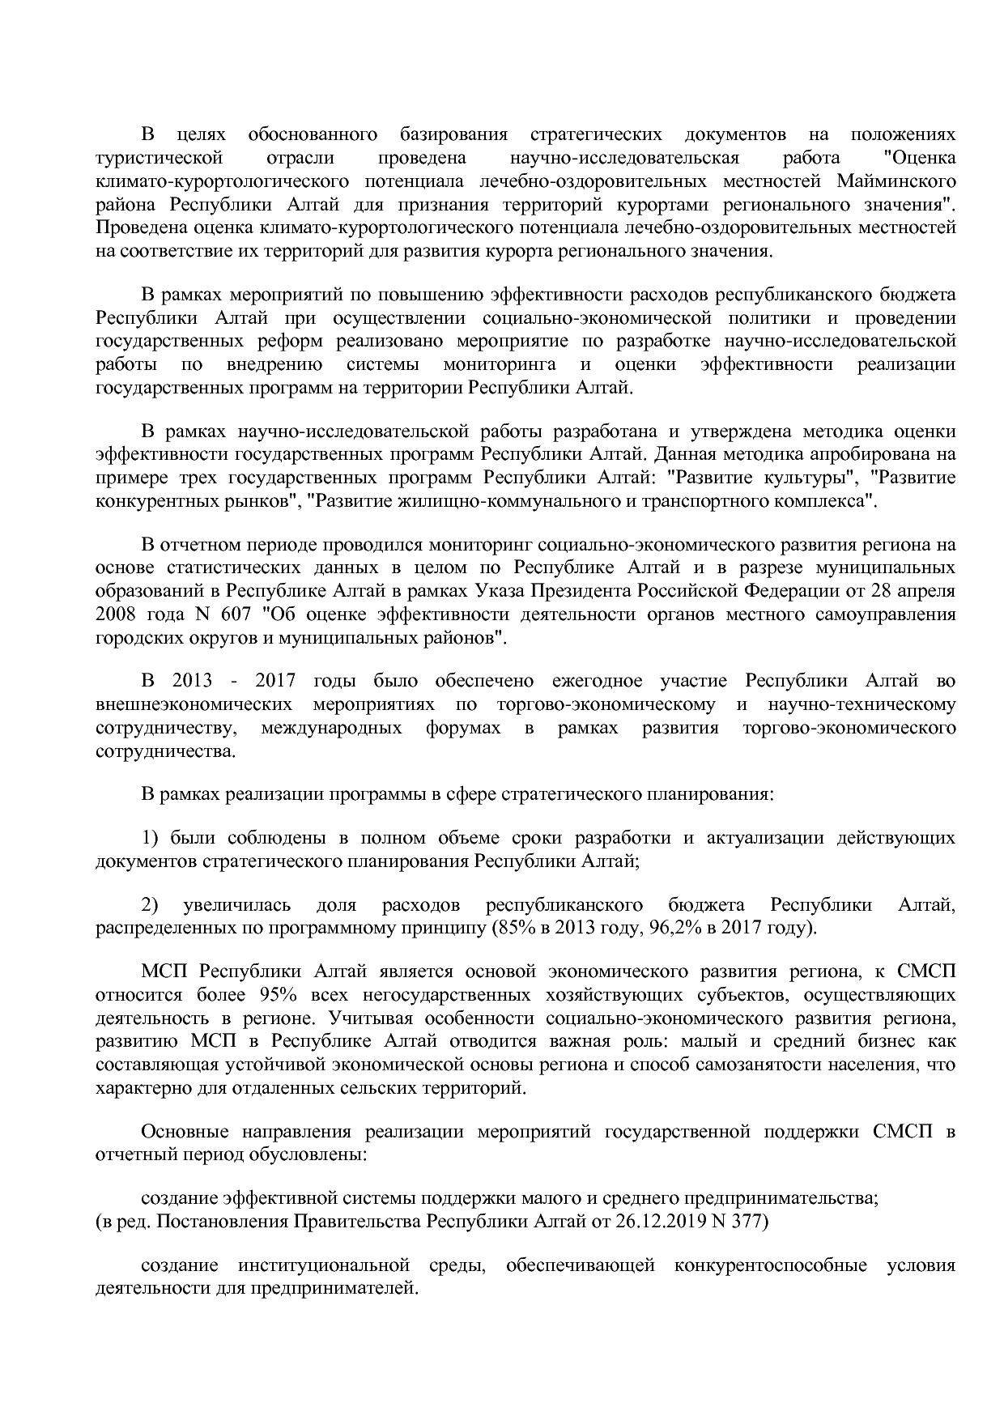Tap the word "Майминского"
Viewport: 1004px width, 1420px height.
898,180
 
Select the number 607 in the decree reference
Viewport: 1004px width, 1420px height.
235,614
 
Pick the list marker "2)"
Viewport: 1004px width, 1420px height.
154,904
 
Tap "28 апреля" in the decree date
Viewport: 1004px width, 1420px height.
913,590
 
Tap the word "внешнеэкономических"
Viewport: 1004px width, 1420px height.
193,704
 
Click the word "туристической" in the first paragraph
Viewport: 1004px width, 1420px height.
159,156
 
